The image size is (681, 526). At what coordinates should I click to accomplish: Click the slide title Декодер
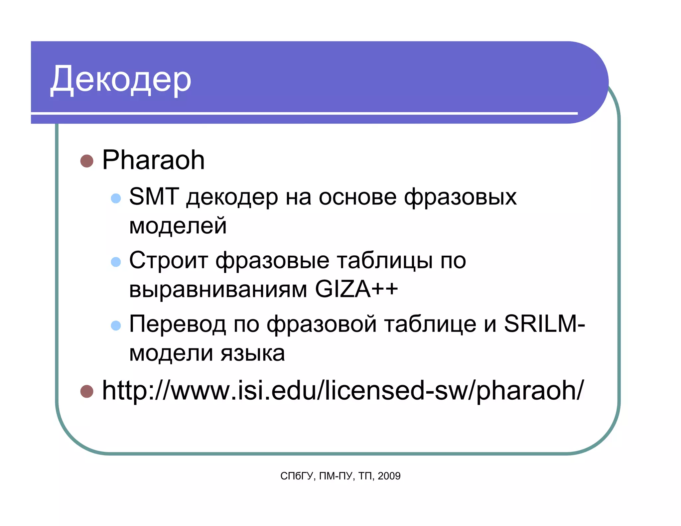pyautogui.click(x=121, y=80)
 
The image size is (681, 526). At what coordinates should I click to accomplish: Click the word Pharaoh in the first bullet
pyautogui.click(x=153, y=160)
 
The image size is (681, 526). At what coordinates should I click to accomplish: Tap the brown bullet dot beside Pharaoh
pyautogui.click(x=87, y=161)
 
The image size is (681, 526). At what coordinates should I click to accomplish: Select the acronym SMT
pyautogui.click(x=154, y=197)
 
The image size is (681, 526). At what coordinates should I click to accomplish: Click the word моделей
pyautogui.click(x=178, y=225)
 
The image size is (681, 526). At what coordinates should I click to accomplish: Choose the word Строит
pyautogui.click(x=169, y=260)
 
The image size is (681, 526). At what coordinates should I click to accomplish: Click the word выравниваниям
pyautogui.click(x=218, y=289)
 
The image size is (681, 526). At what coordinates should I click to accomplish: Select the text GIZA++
pyautogui.click(x=356, y=289)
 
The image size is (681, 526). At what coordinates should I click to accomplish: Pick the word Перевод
pyautogui.click(x=178, y=324)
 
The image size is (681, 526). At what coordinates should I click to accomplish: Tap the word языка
pyautogui.click(x=253, y=353)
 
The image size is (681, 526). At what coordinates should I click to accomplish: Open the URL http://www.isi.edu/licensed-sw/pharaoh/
pyautogui.click(x=342, y=390)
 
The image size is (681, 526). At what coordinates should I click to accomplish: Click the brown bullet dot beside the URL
pyautogui.click(x=87, y=391)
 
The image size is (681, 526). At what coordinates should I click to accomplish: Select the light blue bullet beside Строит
pyautogui.click(x=116, y=262)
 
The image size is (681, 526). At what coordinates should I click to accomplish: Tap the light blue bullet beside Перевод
pyautogui.click(x=116, y=325)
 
